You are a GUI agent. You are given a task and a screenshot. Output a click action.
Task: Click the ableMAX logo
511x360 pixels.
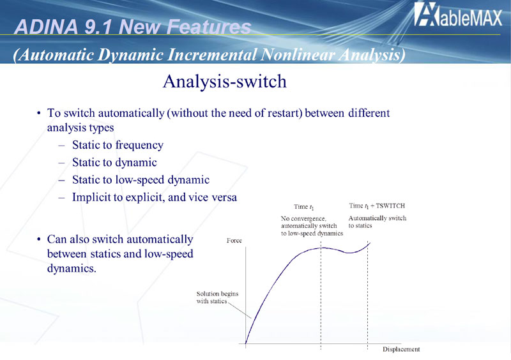458,14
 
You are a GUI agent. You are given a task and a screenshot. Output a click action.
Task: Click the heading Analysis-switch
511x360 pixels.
225,81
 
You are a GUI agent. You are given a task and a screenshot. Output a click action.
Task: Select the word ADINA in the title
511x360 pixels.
46,26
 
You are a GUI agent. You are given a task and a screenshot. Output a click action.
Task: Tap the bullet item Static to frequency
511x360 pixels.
118,145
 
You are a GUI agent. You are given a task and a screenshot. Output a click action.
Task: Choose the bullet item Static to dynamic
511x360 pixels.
114,162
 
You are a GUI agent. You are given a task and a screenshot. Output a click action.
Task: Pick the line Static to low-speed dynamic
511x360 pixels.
141,179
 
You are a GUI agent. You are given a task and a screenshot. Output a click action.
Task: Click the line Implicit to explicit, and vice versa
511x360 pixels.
155,197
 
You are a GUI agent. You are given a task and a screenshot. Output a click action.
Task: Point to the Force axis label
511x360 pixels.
234,241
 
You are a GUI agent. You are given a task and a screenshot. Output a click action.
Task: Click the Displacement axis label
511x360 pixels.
401,349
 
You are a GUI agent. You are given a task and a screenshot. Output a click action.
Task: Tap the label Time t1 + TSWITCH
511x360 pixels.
377,206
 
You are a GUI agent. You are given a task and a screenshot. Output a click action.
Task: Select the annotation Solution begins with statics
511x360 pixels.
217,297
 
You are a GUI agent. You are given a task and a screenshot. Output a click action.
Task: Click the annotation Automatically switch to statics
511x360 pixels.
378,222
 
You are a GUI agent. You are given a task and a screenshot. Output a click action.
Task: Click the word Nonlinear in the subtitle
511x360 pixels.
298,55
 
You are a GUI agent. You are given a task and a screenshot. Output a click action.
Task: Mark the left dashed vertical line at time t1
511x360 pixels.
321,296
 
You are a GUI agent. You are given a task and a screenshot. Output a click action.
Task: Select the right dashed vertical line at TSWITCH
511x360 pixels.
368,296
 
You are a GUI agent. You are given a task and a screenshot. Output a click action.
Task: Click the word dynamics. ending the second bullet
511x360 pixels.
72,269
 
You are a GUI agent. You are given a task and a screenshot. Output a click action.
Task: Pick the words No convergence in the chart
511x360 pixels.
303,218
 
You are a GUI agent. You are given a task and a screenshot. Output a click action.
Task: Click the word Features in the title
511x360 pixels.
209,26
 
